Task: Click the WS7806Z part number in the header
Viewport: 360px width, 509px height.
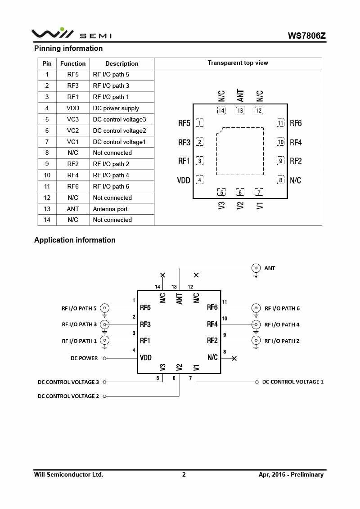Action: coord(306,36)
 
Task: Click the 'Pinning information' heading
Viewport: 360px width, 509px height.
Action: coord(68,48)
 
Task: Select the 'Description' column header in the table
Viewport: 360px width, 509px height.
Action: coord(121,63)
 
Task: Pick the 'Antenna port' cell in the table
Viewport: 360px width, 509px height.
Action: coord(110,209)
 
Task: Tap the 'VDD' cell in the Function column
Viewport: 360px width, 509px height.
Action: coord(72,108)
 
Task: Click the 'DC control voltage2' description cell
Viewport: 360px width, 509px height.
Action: coord(119,131)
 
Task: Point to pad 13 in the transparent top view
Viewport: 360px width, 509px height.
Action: coord(240,111)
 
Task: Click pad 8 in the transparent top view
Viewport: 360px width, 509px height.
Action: coord(281,180)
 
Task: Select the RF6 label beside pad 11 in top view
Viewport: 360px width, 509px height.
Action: coord(296,123)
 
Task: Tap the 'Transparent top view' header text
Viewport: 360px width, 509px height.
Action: coord(238,63)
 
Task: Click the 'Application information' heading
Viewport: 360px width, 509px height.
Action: coord(75,240)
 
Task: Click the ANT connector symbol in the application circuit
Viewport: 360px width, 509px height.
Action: coord(256,268)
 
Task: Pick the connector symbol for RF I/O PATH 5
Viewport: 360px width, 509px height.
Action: coord(105,308)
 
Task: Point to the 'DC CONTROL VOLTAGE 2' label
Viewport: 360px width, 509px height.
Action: coord(68,396)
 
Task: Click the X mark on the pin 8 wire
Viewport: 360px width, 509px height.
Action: coord(234,358)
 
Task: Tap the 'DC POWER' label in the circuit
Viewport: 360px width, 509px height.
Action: coord(84,358)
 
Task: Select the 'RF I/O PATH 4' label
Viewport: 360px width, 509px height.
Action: coord(282,324)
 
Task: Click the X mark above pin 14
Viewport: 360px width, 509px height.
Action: coord(163,275)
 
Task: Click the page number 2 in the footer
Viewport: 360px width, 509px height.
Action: coord(184,474)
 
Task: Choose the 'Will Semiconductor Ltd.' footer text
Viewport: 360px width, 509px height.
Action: coord(69,474)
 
